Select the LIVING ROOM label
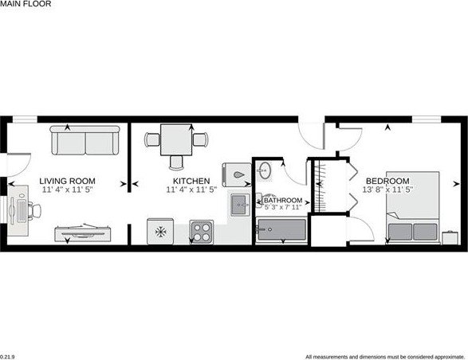click(67, 181)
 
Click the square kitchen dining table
click(173, 140)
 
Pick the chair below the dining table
click(175, 160)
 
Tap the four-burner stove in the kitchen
click(202, 233)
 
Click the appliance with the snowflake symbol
click(160, 233)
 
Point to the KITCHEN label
click(188, 181)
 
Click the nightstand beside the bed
click(450, 236)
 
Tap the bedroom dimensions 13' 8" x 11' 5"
click(387, 190)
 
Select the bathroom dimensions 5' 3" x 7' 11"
click(282, 209)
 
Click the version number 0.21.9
click(8, 355)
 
